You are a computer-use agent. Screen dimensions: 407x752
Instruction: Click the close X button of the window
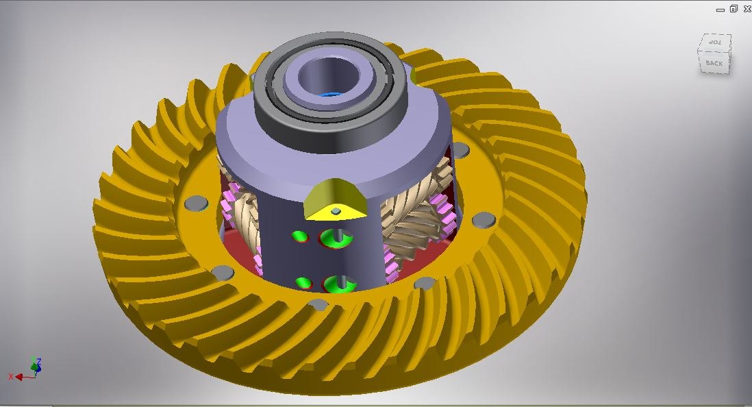745,9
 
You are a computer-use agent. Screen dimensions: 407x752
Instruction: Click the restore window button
733,9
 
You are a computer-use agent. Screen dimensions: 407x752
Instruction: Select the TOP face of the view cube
715,43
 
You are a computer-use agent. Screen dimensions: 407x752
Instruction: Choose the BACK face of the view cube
714,63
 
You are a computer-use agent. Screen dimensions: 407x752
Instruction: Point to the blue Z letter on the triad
39,361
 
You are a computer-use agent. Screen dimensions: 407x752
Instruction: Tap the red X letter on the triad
11,377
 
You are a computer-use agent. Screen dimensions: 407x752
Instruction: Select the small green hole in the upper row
299,237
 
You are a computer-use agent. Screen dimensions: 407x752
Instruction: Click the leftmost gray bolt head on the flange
196,203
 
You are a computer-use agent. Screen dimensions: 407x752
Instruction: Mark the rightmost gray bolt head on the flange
484,219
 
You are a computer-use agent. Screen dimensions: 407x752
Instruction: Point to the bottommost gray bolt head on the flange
318,305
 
